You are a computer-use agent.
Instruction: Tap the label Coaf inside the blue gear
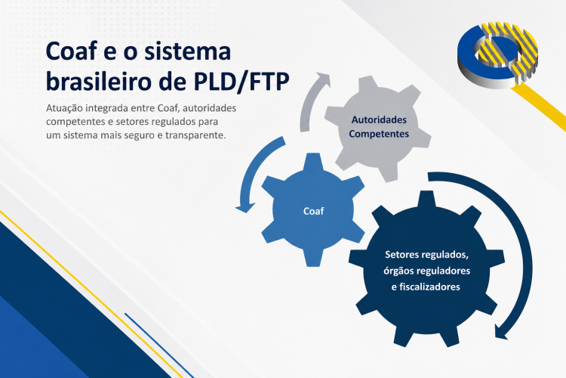tap(312, 211)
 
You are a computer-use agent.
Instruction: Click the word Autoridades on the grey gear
tap(379, 119)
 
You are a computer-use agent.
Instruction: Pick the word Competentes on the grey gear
tap(379, 134)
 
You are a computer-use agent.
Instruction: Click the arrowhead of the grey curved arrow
tap(324, 78)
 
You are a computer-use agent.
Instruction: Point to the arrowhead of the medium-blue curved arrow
tap(244, 204)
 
